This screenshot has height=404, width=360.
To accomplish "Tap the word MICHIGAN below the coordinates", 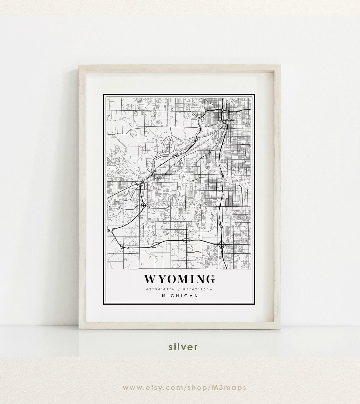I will (180, 296).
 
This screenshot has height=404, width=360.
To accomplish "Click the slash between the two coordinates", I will (180, 289).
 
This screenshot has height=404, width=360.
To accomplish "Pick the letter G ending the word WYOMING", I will (210, 279).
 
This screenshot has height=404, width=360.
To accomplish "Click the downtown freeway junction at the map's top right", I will (223, 111).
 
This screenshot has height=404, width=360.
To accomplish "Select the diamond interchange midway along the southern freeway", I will (186, 240).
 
